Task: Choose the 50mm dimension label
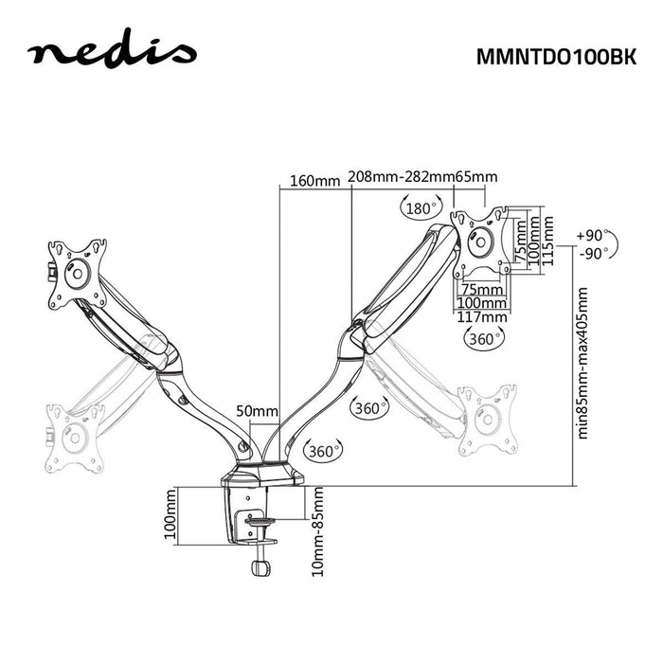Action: coord(258,410)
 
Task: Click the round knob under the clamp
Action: coord(259,568)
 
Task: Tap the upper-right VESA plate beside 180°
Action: coord(481,241)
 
